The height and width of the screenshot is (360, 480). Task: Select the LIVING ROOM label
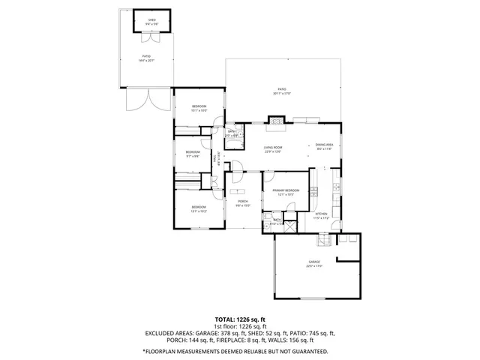click(273, 147)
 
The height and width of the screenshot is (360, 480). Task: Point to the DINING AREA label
click(324, 145)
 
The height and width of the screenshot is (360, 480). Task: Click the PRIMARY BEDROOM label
click(286, 190)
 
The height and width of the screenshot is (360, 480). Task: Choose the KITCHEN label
click(321, 214)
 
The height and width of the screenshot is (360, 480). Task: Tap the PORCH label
click(243, 201)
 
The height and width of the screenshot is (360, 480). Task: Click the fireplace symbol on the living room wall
click(277, 118)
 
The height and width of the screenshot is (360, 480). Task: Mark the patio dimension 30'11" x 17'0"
click(281, 94)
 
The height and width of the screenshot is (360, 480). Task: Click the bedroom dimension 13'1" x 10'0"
click(199, 110)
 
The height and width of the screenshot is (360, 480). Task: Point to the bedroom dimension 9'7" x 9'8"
click(192, 156)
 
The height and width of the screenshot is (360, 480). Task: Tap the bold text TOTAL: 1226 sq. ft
click(239, 319)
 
